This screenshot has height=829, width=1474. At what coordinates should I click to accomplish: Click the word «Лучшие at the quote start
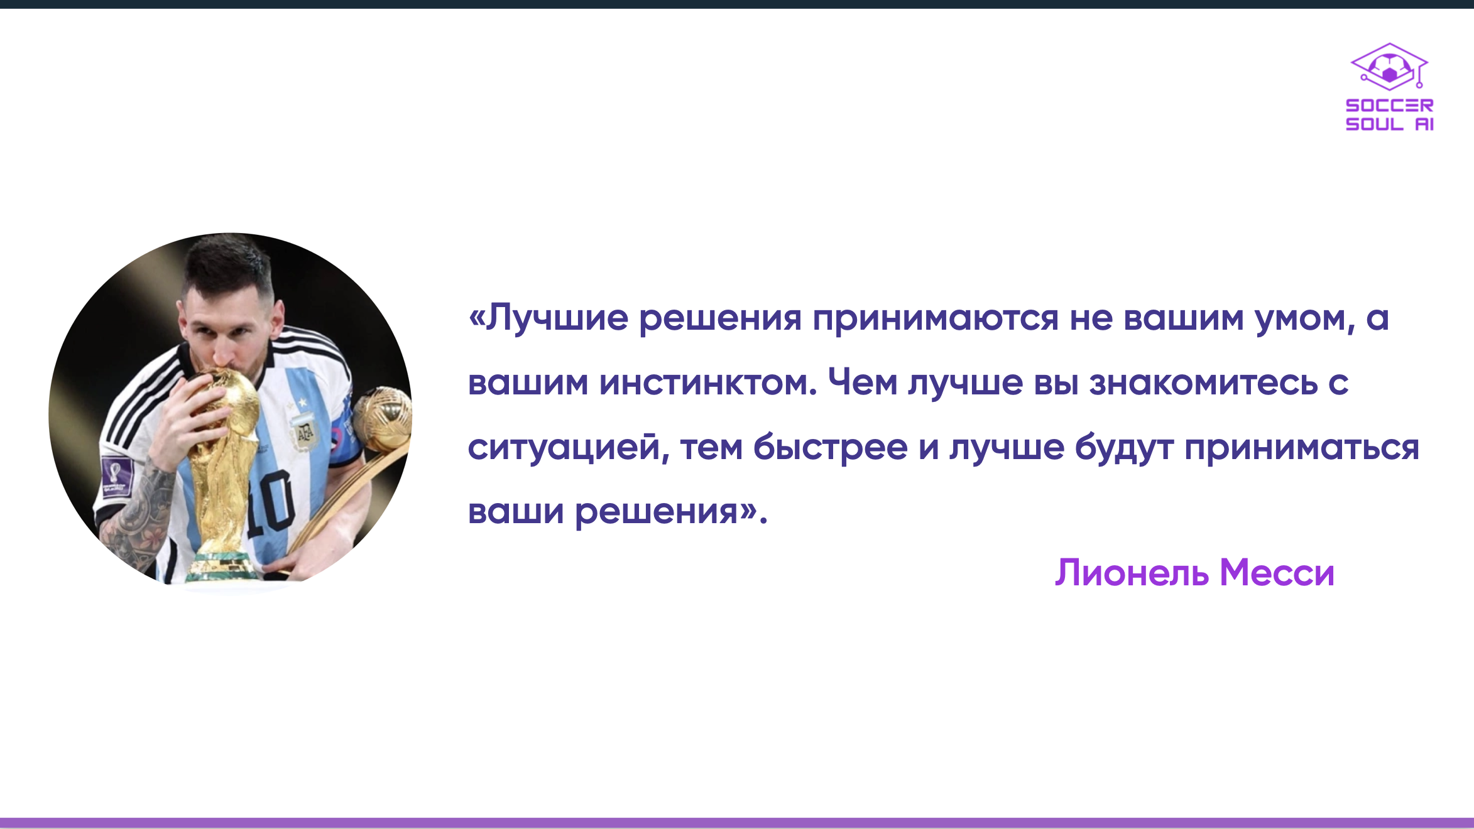coord(548,318)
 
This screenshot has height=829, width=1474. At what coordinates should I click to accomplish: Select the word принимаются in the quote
coord(936,319)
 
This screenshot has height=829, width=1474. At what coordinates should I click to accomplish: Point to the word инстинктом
coord(708,382)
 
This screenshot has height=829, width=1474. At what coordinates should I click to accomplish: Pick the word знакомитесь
coord(1203,382)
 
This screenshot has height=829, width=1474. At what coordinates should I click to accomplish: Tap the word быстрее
coord(830,447)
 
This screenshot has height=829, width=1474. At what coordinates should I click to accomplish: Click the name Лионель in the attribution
coord(1132,573)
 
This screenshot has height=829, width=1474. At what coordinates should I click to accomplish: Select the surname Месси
coord(1277,573)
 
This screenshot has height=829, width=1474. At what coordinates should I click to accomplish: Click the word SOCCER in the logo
coord(1389,106)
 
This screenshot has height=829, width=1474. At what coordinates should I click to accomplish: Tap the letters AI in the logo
coord(1424,124)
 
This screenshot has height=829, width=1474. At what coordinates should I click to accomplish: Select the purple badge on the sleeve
coord(117,477)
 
